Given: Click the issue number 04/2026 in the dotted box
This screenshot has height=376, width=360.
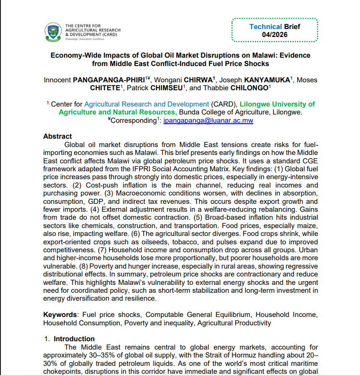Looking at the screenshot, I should pos(275,34).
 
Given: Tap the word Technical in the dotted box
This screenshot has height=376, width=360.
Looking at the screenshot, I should pos(265,26).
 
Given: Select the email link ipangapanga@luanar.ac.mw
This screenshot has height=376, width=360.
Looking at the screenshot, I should pos(208,120).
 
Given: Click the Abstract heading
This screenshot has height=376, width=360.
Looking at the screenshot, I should pos(57,136).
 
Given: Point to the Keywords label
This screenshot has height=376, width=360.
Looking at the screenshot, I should pos(59,315).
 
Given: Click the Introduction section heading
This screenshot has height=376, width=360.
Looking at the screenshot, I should pos(74,339).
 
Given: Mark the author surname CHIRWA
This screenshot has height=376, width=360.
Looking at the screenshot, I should pos(197,80).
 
